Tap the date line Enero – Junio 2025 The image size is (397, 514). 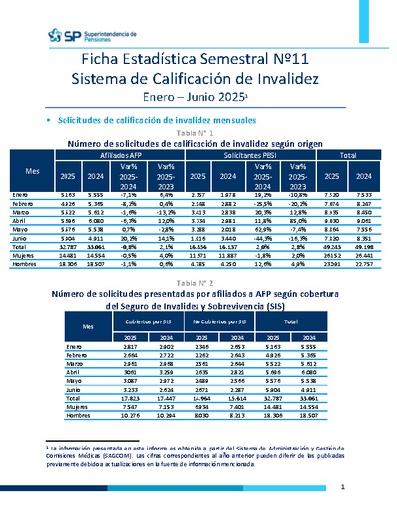[198, 100]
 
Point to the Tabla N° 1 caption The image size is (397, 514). [198, 132]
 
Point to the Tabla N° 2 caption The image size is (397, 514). [198, 283]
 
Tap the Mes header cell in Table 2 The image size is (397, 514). [89, 325]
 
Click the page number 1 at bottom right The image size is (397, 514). [341, 487]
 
